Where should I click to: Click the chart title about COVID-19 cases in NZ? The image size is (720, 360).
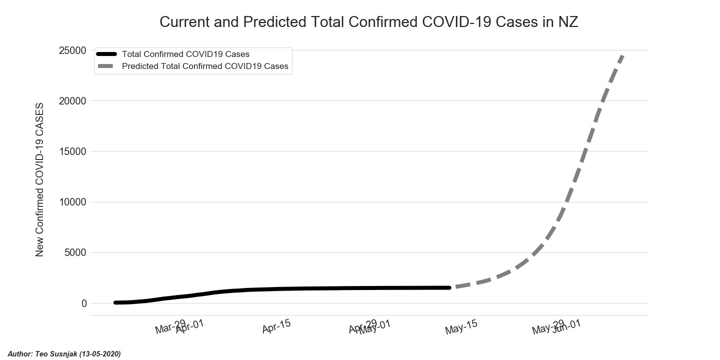(x=368, y=22)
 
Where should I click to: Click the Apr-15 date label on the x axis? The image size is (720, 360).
(x=276, y=327)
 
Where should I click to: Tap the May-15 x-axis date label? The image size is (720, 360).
(x=461, y=327)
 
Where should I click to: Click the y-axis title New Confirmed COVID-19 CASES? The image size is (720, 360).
(x=40, y=180)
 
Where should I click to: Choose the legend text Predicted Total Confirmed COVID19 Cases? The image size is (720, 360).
(x=205, y=66)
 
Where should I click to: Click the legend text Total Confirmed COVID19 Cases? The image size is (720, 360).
(x=185, y=54)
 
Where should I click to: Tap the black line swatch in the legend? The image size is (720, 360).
(x=106, y=54)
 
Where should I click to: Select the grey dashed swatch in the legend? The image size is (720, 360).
(x=106, y=66)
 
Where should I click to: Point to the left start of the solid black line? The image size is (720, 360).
(x=115, y=302)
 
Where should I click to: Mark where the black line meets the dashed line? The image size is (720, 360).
(x=449, y=287)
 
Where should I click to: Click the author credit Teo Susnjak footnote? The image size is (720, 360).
(x=64, y=354)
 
